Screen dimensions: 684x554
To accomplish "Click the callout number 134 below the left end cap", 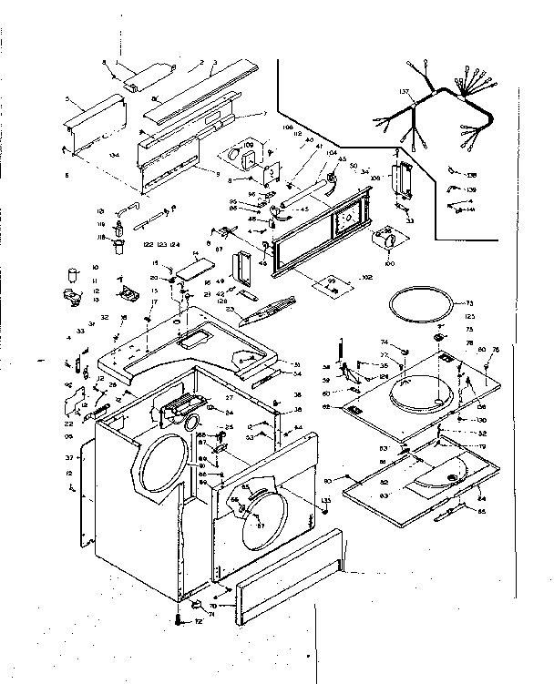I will coord(115,156).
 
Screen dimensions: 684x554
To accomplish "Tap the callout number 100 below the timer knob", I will coord(389,263).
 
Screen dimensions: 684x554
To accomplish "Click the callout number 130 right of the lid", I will coord(479,419).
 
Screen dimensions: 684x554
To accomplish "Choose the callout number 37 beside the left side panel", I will coord(68,457).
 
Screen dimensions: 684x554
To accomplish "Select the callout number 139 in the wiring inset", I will coord(471,189).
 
